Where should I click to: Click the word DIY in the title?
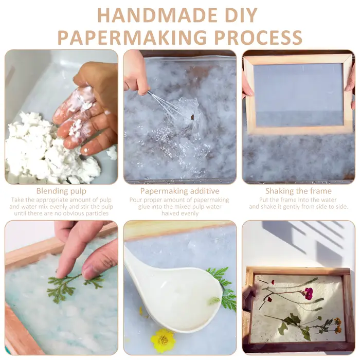tap(240, 15)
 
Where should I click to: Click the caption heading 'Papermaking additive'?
tap(180, 191)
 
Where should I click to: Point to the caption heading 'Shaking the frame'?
tap(298, 191)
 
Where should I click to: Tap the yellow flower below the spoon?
tap(163, 338)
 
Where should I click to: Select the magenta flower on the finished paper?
tap(309, 294)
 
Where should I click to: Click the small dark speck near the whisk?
tap(192, 117)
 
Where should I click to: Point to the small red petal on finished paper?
tap(273, 282)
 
